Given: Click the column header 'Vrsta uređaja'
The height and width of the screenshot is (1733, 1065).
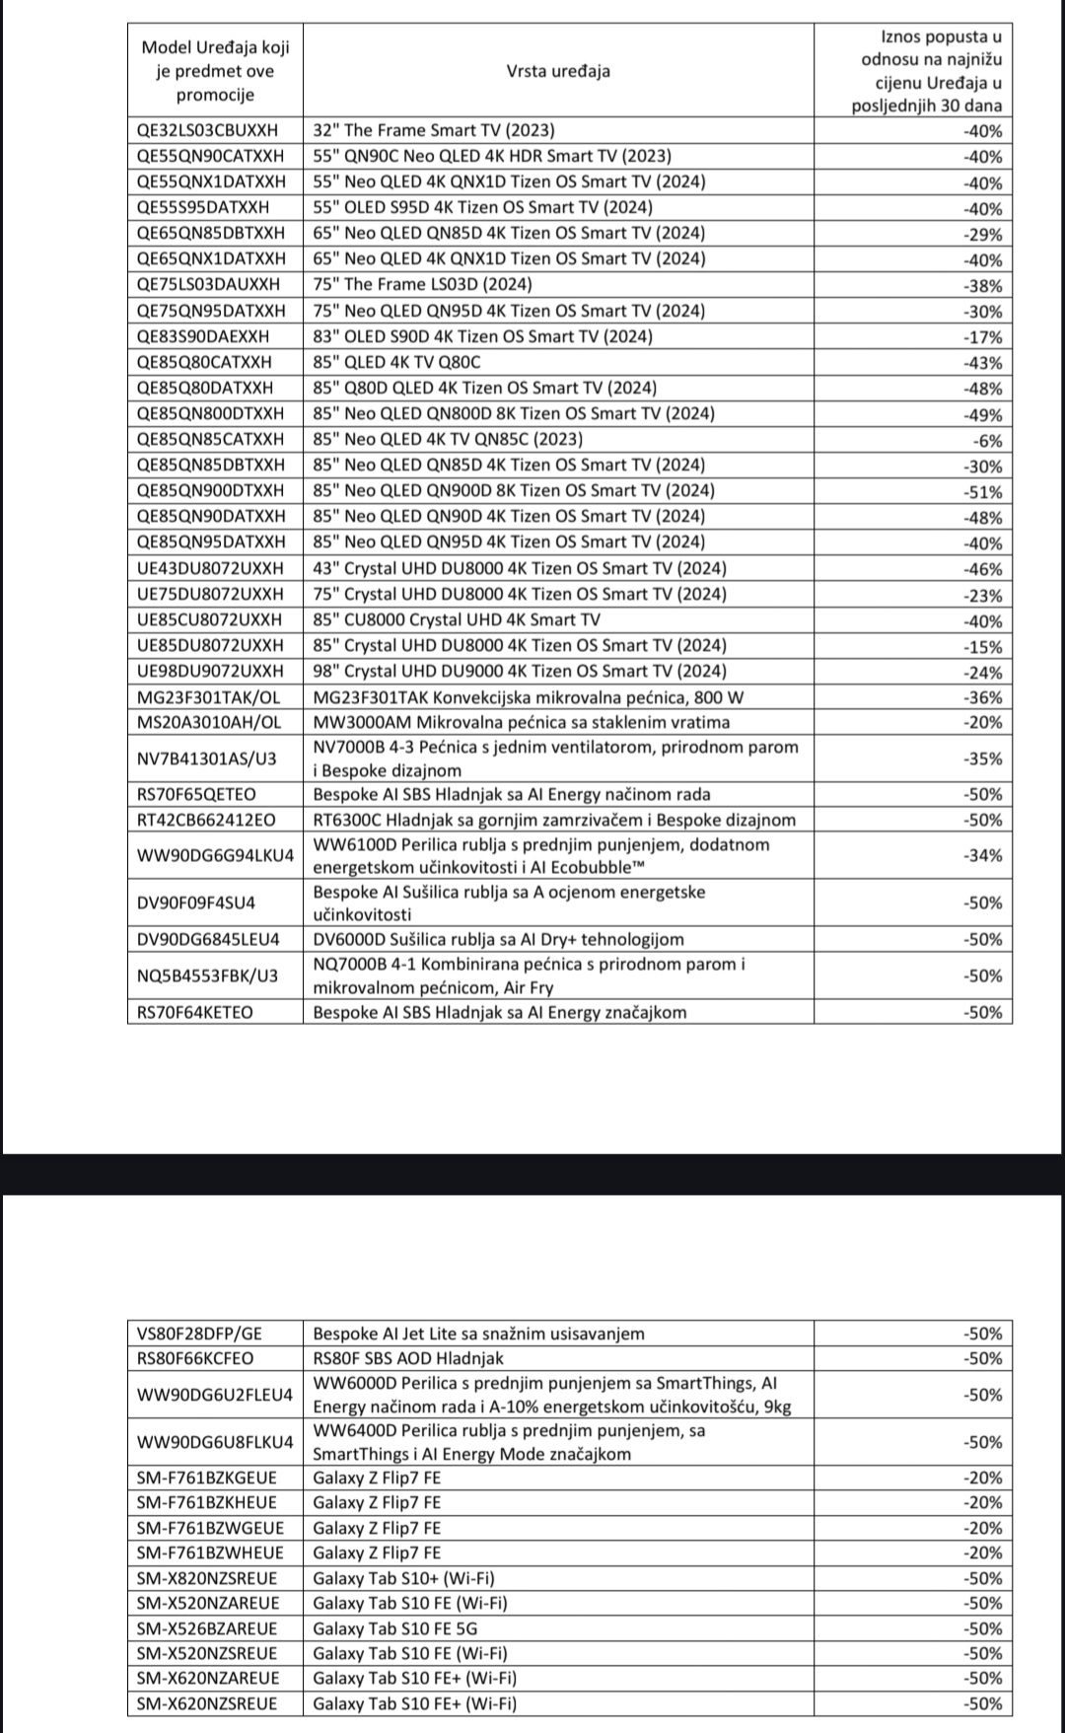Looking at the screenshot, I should (558, 71).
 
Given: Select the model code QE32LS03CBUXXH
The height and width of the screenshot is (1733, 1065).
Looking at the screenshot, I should (208, 130).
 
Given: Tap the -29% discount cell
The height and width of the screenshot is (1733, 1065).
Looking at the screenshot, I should (982, 235).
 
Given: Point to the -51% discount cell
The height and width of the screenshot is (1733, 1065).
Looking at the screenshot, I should (982, 492).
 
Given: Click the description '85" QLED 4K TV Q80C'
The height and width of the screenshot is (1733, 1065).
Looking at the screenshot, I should (397, 362).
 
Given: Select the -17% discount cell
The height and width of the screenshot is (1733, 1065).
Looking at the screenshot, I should (982, 337).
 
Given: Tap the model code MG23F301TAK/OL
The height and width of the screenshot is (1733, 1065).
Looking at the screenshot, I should (209, 697).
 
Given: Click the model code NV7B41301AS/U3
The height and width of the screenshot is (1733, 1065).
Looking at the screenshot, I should (207, 758).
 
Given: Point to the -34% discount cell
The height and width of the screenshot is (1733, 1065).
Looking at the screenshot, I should (982, 855).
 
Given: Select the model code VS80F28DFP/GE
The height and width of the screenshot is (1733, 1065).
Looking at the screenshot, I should (200, 1334).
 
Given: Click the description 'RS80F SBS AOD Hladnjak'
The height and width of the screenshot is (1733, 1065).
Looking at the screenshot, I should (408, 1358).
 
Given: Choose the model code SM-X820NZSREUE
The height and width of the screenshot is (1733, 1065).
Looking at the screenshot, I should (208, 1578).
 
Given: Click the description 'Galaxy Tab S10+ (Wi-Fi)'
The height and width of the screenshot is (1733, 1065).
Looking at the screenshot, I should (404, 1578).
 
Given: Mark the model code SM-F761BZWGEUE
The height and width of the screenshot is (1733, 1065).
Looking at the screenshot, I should (211, 1528).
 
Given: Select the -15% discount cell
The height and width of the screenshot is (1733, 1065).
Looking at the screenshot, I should (982, 647).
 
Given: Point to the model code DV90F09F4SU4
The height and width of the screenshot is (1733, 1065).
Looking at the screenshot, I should (196, 903).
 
